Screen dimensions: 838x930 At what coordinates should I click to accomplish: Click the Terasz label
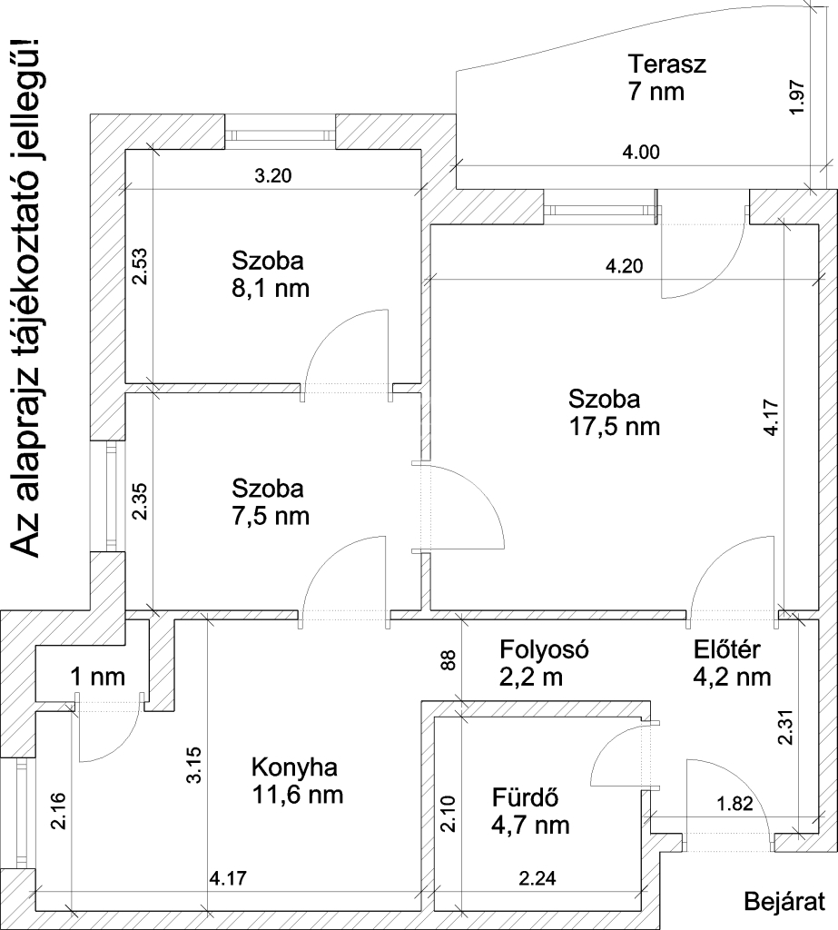click(x=667, y=64)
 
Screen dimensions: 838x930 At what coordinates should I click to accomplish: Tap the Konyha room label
click(x=294, y=767)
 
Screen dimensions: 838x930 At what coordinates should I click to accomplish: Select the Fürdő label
click(x=526, y=797)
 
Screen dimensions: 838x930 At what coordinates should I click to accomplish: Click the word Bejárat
click(x=784, y=902)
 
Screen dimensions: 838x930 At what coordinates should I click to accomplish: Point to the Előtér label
click(x=726, y=649)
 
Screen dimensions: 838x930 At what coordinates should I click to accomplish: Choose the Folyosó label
click(x=544, y=649)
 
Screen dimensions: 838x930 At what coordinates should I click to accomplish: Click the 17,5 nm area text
click(x=615, y=427)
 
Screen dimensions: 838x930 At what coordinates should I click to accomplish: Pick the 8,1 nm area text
click(x=271, y=288)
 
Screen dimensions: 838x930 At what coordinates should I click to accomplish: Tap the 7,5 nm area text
click(x=271, y=516)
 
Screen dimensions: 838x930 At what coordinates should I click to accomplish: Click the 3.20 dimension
click(x=272, y=175)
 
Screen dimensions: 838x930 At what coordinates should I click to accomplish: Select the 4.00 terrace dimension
click(x=640, y=152)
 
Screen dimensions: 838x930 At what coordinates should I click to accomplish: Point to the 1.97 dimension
click(x=798, y=96)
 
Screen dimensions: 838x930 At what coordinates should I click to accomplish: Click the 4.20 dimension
click(x=624, y=266)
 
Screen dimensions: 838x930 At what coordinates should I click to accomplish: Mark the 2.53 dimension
click(x=141, y=266)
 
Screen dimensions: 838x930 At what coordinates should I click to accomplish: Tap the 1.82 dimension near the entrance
click(x=734, y=805)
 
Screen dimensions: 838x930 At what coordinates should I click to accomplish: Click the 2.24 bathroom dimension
click(x=537, y=877)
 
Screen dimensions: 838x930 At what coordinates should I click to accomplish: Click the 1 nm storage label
click(x=98, y=676)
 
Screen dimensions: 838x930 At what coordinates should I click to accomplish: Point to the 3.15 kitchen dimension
click(x=194, y=765)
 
